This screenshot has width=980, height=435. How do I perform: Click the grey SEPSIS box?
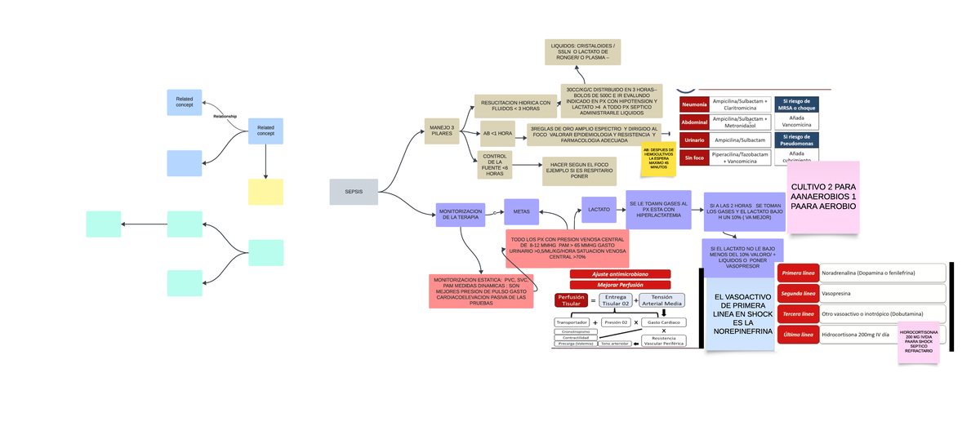coord(354,192)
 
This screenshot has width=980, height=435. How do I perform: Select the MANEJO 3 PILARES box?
coord(441,131)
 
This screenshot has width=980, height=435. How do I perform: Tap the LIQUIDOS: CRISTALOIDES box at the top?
coord(583,51)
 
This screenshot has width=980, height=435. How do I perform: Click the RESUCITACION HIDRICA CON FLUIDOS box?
coord(516,106)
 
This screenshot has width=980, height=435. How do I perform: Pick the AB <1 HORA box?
coord(497,133)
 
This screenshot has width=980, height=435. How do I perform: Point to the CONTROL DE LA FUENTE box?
coord(495,165)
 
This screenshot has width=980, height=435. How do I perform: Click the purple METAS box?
coord(521,211)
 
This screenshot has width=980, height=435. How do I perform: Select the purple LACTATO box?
coord(599,210)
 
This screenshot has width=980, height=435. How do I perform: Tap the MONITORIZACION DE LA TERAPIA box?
coord(461,215)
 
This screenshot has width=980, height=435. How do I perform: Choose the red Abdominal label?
coord(694,122)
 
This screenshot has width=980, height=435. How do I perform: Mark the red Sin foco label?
coord(694,158)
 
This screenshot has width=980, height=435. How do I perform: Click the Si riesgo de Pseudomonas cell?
coord(796,140)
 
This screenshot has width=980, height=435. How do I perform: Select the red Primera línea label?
coord(798,273)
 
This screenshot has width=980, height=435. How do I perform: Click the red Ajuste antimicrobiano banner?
coord(621,274)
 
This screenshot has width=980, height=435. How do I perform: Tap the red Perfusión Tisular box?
coord(571,300)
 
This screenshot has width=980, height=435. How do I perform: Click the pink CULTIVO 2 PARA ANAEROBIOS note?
coord(823,197)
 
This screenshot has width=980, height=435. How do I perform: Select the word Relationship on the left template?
coord(225,117)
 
